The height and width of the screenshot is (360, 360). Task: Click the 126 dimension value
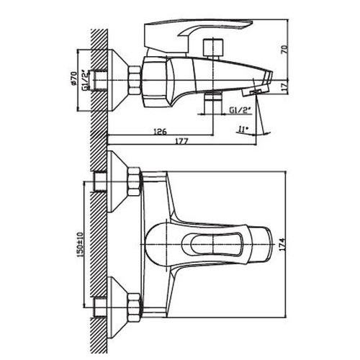pos(160,132)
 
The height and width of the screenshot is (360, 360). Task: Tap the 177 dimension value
pos(180,141)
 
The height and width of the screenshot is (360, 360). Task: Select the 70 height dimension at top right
pos(284,50)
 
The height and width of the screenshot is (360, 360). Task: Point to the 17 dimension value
pos(284,87)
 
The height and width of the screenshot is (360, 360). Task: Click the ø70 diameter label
pos(74,78)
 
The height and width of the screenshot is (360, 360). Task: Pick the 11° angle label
pos(243,130)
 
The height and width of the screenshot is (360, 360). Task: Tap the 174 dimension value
pos(283,245)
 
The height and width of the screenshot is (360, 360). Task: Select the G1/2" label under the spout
pos(240,110)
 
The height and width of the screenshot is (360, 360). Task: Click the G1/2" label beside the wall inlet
pos(86,80)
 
